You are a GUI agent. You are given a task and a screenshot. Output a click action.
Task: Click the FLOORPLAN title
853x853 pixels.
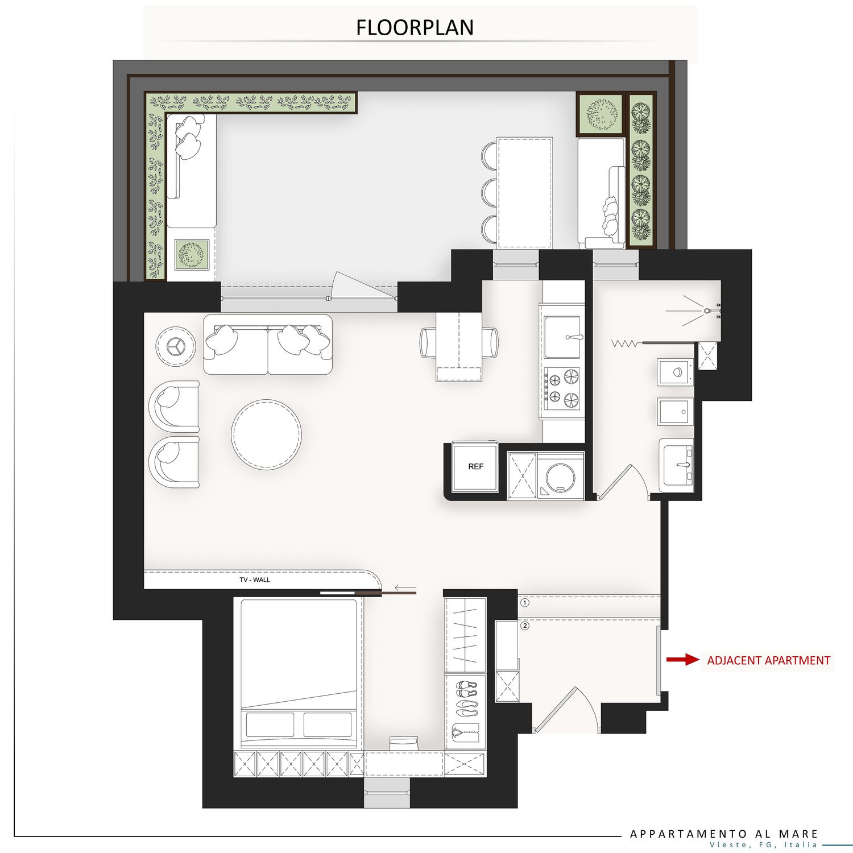pos(415,27)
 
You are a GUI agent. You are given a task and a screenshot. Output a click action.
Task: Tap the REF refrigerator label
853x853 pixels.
pos(475,466)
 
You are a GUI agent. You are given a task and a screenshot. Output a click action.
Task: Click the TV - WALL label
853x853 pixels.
pos(255,580)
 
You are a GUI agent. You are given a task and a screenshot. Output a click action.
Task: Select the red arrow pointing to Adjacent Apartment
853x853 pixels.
pos(683,660)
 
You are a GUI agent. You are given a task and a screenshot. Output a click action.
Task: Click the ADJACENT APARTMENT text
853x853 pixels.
pos(768,660)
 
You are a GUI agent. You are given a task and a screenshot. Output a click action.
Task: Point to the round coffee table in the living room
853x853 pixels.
pos(266,434)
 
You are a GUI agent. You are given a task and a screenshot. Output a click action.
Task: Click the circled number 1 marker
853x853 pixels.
pos(525,602)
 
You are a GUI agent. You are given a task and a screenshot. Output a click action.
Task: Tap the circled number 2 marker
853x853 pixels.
pos(525,626)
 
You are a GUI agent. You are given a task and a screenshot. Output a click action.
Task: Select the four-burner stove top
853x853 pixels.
pos(562,388)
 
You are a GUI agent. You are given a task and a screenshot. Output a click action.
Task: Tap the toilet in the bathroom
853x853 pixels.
pos(676,372)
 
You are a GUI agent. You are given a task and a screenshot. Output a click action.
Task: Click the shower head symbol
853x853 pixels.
pos(707,310)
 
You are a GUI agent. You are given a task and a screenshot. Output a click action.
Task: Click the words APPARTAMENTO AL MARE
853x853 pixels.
pos(724,834)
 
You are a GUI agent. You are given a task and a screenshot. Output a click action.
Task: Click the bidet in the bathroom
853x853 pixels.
pos(676,411)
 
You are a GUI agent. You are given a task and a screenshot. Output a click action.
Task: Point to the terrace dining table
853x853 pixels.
pos(525,193)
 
